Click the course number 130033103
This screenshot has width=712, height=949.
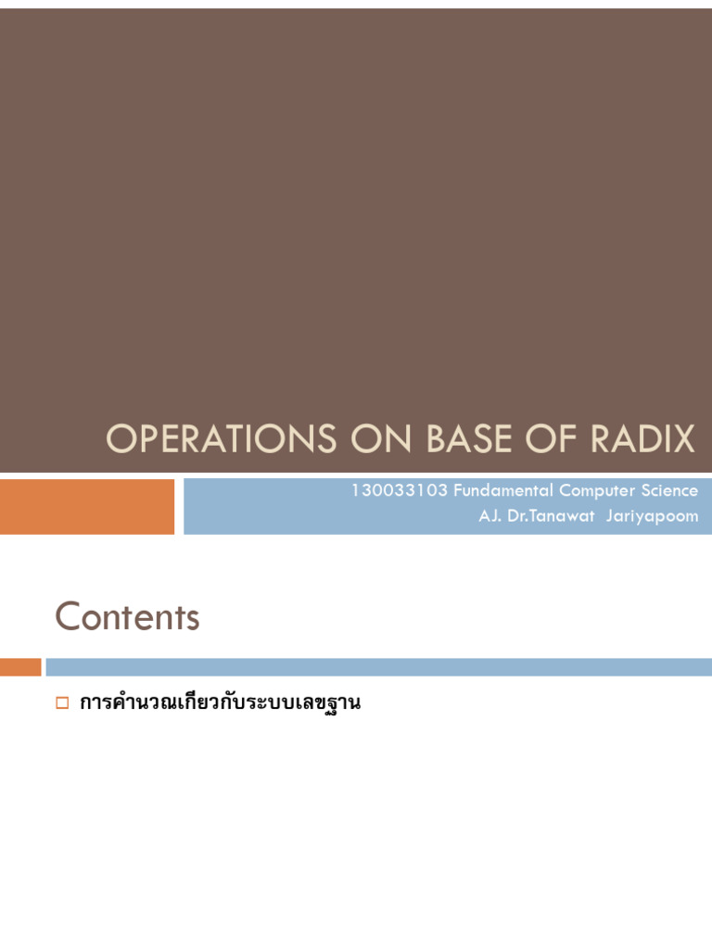(x=399, y=490)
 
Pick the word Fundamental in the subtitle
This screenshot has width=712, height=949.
(x=502, y=490)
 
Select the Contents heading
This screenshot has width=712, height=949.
(x=127, y=616)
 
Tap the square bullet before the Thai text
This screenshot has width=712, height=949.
(x=62, y=703)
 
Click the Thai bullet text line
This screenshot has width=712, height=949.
(x=220, y=703)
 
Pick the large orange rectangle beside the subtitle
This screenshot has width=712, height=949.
(x=87, y=506)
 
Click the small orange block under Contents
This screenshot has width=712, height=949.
(x=20, y=667)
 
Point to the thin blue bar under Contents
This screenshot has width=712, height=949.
(x=378, y=667)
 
